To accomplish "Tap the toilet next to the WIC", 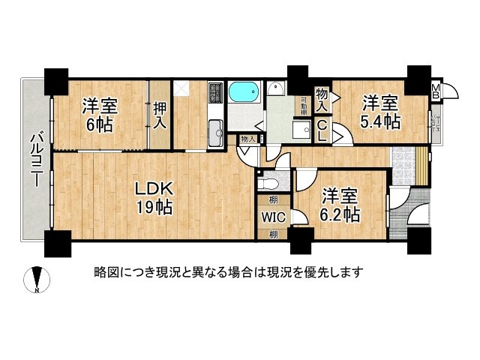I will tap(266, 181).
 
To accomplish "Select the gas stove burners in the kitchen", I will tap(214, 92).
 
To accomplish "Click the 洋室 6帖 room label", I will tap(99, 115).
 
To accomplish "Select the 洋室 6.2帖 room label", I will tap(342, 205).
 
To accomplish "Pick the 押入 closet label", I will tap(160, 115).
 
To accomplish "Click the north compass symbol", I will tap(38, 280).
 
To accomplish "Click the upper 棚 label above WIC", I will tap(272, 199).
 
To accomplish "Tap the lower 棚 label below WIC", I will tap(272, 234).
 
